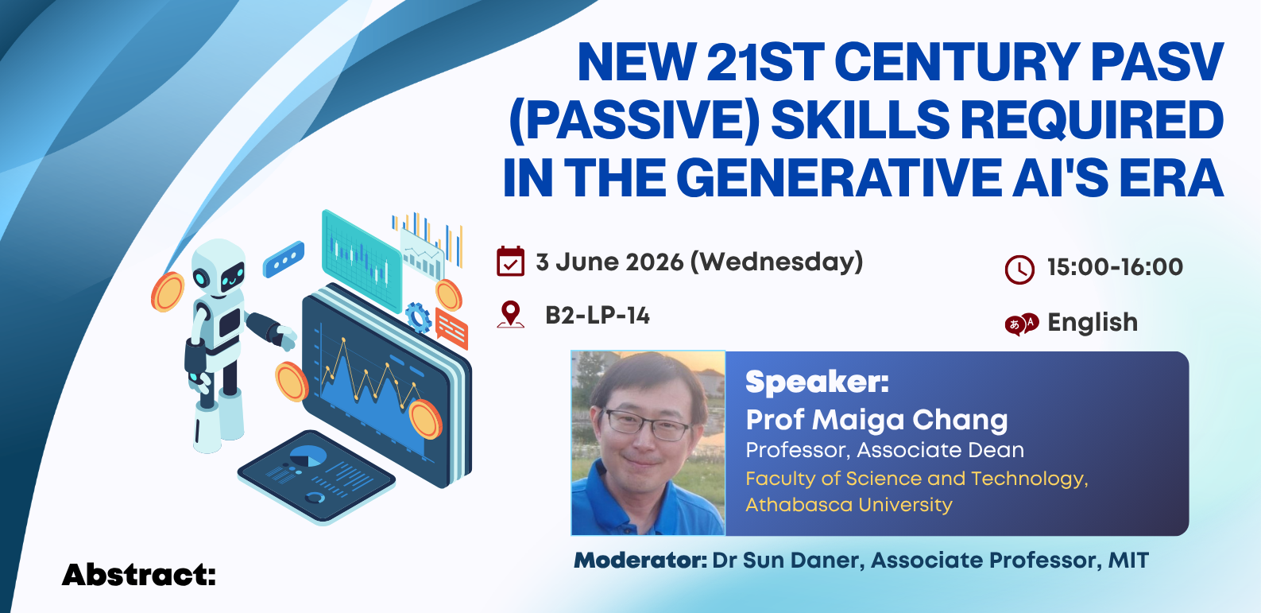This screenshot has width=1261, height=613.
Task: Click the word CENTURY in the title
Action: tap(957, 62)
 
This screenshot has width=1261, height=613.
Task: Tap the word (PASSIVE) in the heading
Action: tap(634, 120)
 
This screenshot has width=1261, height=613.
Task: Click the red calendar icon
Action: tap(510, 262)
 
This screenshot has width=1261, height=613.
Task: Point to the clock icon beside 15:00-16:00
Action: tap(1019, 270)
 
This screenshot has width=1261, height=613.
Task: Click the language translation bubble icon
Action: tap(1021, 324)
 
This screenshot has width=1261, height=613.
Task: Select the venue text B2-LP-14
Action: tap(598, 316)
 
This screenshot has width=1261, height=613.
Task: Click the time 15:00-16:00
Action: tap(1115, 267)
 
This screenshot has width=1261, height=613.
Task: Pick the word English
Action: tap(1092, 323)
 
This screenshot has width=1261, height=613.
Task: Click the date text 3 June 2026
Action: tap(609, 262)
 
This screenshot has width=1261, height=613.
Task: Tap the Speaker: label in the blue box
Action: tap(817, 382)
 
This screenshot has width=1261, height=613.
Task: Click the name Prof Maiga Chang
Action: tap(876, 420)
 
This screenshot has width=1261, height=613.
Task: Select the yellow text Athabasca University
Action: tap(849, 504)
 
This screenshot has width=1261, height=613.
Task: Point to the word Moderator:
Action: tap(640, 561)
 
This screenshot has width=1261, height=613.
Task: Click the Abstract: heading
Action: tap(138, 576)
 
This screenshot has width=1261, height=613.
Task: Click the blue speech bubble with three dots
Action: tap(284, 259)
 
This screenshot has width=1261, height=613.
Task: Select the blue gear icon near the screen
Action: tap(418, 317)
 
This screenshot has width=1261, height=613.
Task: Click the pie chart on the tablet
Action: tap(308, 456)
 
